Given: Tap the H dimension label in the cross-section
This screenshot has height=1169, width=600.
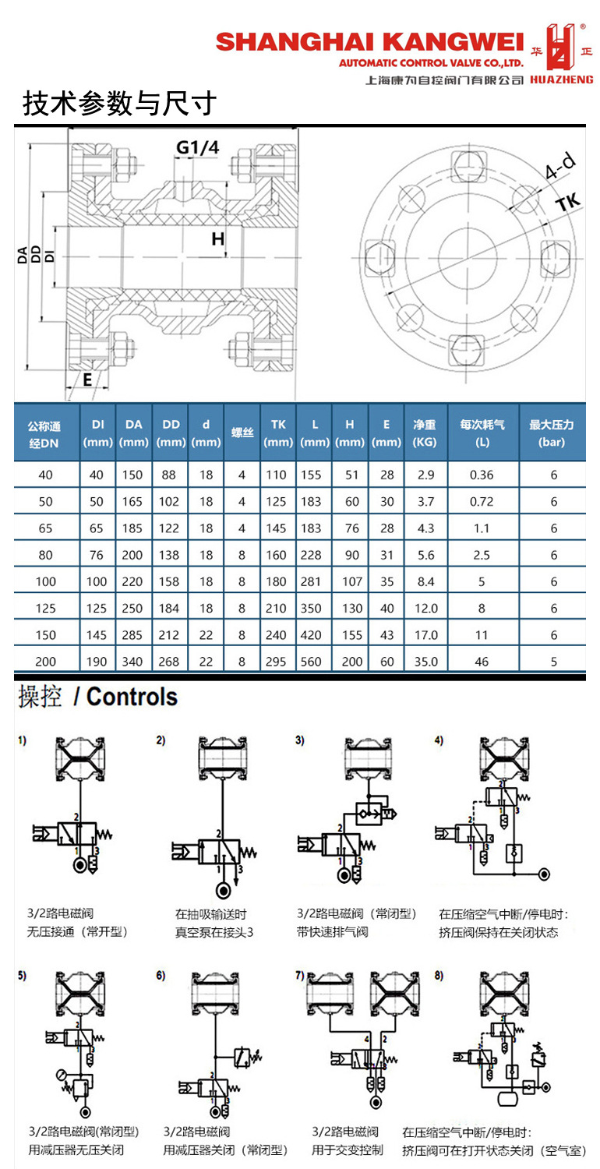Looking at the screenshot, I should (x=218, y=238).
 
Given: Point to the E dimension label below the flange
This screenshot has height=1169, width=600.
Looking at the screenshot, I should (x=87, y=380).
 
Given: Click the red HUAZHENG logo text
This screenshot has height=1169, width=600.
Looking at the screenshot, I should (x=561, y=79).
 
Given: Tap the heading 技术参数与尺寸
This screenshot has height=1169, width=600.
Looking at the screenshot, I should (x=118, y=104).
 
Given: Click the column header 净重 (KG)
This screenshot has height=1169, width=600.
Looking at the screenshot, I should (x=425, y=433).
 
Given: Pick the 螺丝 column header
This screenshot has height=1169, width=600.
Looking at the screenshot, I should (x=242, y=433).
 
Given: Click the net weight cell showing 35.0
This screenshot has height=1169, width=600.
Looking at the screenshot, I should (x=425, y=662).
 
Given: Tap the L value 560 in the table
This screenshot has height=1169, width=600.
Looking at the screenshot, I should (x=314, y=662).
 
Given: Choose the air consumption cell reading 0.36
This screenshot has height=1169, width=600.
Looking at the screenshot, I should (x=482, y=475).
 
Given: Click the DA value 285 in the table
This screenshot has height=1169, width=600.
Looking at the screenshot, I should (x=133, y=635).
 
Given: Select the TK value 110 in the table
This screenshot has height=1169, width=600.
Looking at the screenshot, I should (x=277, y=475).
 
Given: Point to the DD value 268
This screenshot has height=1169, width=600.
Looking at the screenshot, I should (x=171, y=662).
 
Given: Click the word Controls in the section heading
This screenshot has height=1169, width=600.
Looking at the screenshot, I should (x=132, y=697).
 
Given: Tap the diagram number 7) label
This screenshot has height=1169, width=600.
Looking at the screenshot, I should (x=300, y=975).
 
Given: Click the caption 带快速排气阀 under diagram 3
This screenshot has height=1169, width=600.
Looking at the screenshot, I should (x=332, y=931).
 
